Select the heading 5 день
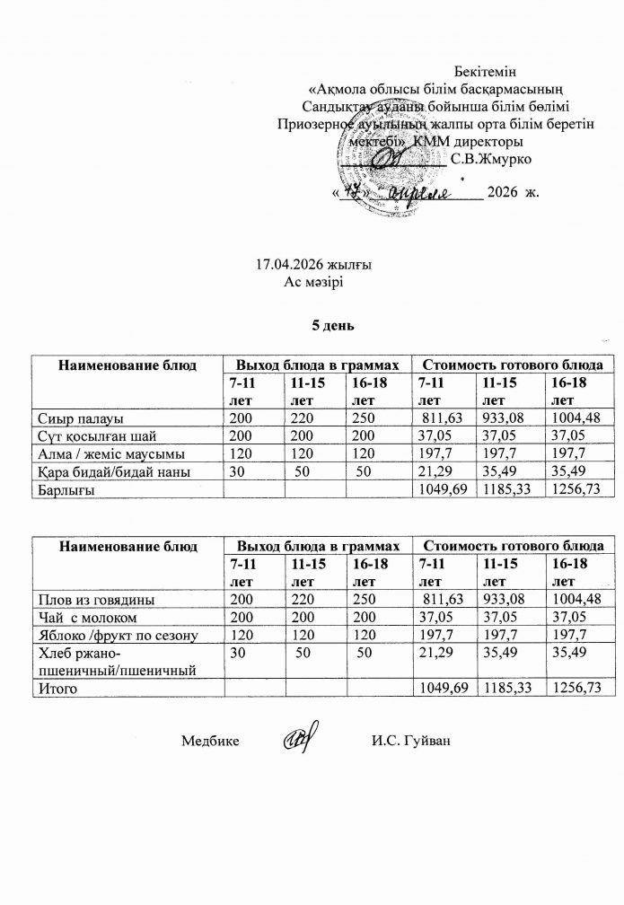329,324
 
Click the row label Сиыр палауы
81,418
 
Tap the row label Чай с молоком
86,618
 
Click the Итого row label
57,689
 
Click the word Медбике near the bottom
210,742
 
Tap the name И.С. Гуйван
409,742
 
